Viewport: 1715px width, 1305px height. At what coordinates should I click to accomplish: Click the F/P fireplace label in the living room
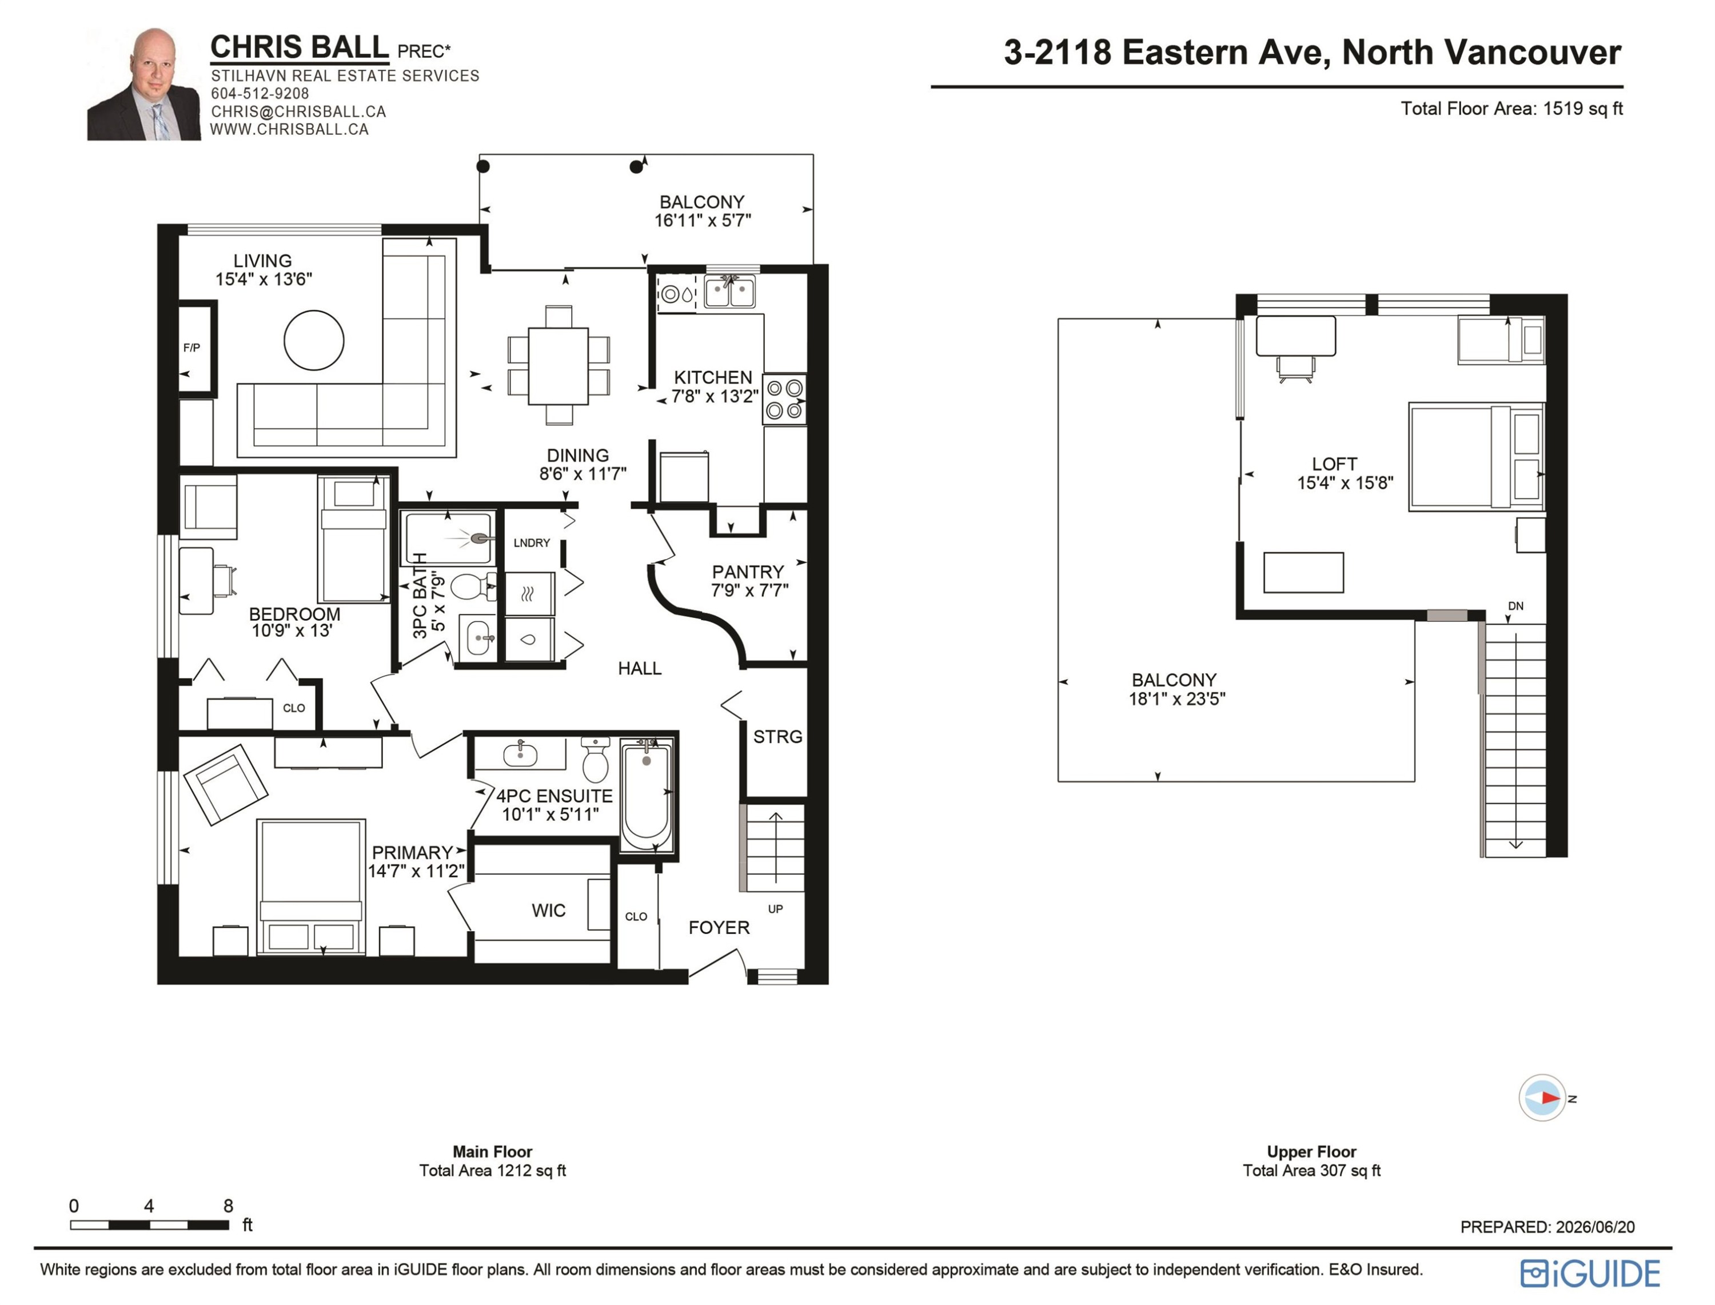(x=191, y=348)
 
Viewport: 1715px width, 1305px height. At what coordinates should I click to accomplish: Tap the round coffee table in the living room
(x=314, y=340)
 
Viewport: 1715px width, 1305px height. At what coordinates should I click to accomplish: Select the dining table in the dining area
(x=559, y=366)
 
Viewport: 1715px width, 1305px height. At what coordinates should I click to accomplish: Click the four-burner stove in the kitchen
(x=784, y=399)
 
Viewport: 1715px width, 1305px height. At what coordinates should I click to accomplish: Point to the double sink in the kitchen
(x=729, y=292)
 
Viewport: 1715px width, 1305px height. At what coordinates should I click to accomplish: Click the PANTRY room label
(x=748, y=572)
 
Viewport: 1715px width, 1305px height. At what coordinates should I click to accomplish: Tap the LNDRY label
(x=531, y=543)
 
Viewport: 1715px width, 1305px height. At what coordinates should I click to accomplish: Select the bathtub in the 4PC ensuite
(x=646, y=796)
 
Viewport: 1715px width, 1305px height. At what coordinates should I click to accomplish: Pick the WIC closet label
(x=548, y=911)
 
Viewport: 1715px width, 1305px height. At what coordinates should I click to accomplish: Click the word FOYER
(x=719, y=928)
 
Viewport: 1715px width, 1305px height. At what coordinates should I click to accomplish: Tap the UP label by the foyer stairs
(x=775, y=909)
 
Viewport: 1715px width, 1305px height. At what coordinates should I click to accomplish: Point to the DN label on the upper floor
(x=1515, y=606)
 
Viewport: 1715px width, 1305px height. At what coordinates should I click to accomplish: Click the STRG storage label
(x=777, y=736)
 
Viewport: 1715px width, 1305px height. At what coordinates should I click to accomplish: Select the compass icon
(x=1542, y=1098)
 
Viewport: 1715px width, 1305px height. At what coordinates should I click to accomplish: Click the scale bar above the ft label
(x=149, y=1225)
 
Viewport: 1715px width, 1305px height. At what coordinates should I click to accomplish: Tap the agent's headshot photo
(x=143, y=84)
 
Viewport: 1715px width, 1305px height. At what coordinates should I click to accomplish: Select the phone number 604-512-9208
(x=260, y=93)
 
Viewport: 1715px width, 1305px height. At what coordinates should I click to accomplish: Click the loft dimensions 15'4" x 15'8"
(x=1345, y=483)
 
